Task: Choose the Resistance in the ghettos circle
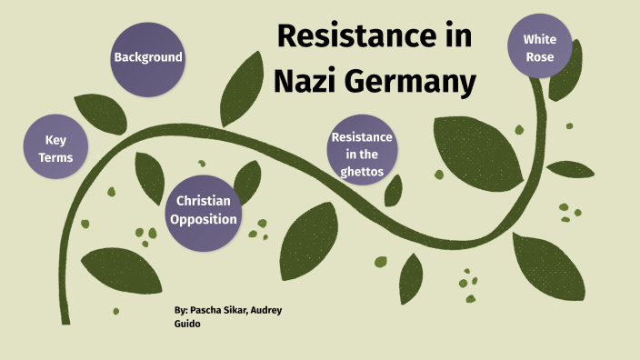[362, 151]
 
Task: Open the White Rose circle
[540, 47]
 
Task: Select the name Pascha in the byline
[205, 311]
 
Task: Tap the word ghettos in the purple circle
[362, 170]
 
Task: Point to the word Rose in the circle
[539, 56]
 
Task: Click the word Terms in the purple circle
[55, 157]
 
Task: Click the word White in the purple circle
[540, 38]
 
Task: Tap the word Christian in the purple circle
[204, 201]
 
